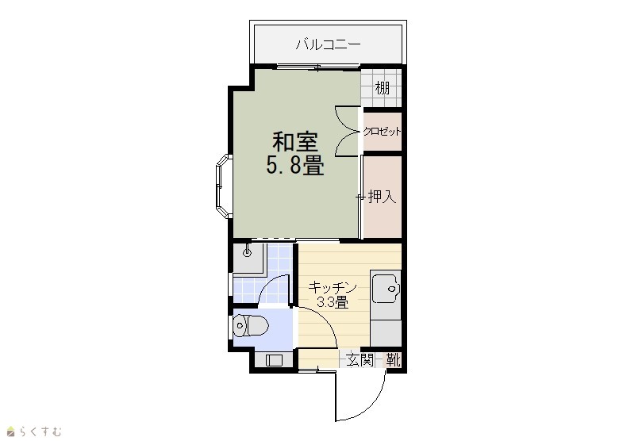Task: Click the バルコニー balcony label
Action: coord(329,44)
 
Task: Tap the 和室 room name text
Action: coord(294,142)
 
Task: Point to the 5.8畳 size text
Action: coord(294,165)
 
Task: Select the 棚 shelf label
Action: coord(383,88)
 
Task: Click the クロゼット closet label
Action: coord(383,132)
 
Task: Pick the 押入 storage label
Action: coord(383,197)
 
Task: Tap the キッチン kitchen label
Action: coord(333,287)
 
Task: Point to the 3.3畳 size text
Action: coord(333,302)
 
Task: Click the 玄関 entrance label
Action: coord(360,360)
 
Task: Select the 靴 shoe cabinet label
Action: coord(393,360)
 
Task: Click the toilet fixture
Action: coord(251,325)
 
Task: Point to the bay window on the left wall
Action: coord(224,186)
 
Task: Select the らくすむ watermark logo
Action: coord(34,431)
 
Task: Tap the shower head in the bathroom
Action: coord(248,251)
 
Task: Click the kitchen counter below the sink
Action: coord(386,333)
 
